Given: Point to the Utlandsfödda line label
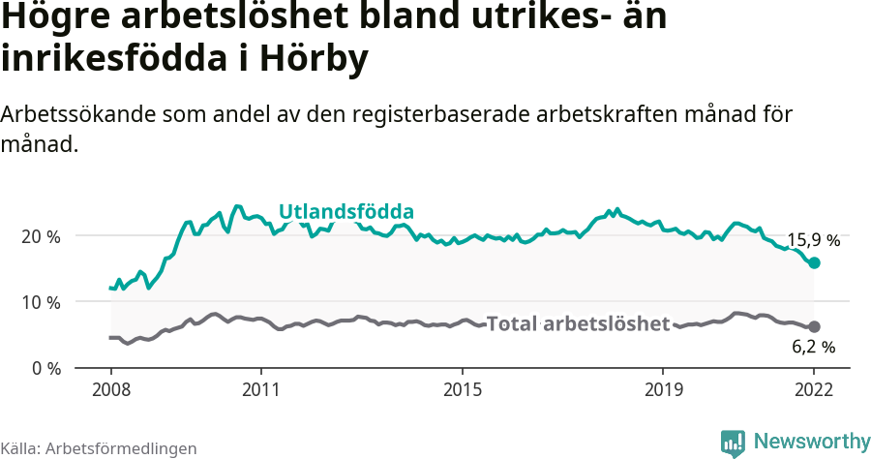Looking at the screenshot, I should click(x=346, y=212).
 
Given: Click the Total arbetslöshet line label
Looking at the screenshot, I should click(x=578, y=323).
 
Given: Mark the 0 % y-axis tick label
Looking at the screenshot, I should click(x=45, y=368).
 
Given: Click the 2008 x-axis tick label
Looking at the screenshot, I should click(x=110, y=390).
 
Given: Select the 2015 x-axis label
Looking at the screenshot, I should click(x=463, y=390).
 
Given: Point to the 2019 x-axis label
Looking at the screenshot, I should click(x=663, y=390).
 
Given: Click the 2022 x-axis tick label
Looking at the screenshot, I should click(x=814, y=390).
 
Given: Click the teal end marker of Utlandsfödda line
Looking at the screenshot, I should click(x=814, y=262).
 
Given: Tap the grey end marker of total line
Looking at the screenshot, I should click(x=814, y=327).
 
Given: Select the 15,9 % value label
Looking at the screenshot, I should click(x=813, y=240).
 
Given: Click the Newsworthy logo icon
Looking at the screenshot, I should click(x=733, y=443).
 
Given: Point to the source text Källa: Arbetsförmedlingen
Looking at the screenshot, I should click(x=99, y=448).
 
